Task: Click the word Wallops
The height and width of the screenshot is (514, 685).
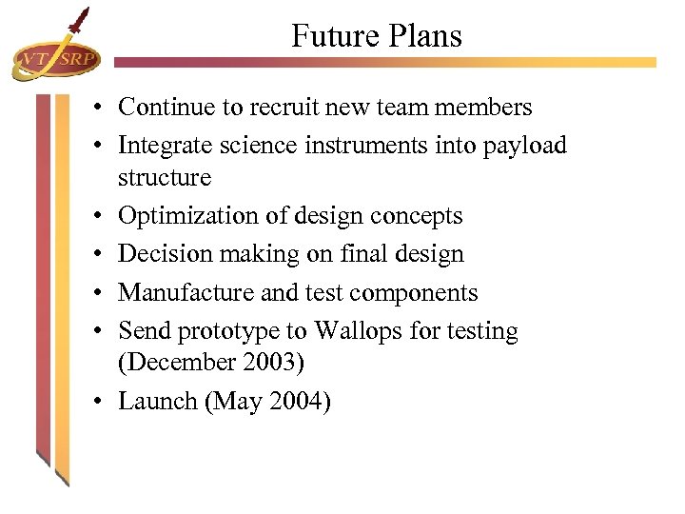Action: click(x=358, y=331)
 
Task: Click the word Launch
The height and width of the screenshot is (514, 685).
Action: click(x=157, y=402)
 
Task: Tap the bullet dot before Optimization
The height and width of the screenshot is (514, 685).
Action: click(x=99, y=217)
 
